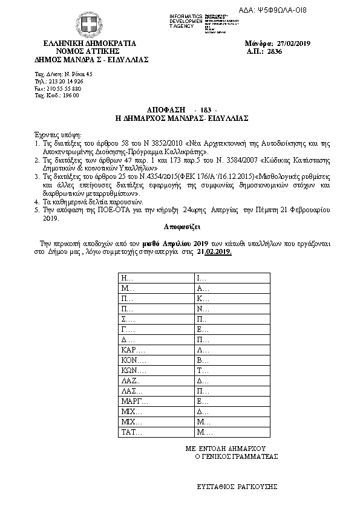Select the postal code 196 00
[x=65, y=96]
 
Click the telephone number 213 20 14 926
[x=65, y=81]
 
